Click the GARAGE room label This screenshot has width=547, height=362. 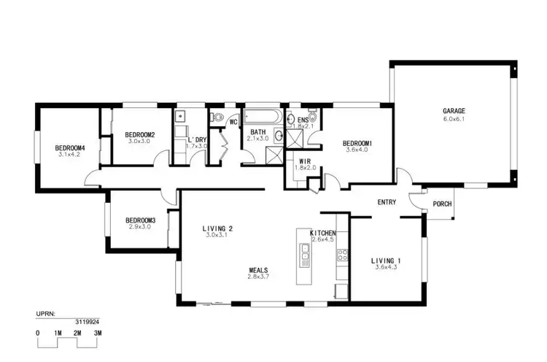pos(454,112)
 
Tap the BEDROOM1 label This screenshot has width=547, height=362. pos(359,143)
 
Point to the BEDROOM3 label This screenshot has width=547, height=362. pos(140,220)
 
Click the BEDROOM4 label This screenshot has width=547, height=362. pos(71,148)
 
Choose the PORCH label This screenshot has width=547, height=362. pos(442,204)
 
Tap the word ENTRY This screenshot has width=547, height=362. pos(387,202)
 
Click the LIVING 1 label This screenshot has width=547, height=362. pos(387,261)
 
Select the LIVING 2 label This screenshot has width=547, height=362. pos(217,228)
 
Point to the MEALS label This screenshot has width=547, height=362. pos(258,270)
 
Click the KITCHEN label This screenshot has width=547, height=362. pos(322,233)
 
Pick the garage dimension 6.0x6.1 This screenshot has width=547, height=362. pos(454,119)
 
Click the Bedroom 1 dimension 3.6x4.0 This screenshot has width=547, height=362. pos(359,150)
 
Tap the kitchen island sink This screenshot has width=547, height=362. pos(306,252)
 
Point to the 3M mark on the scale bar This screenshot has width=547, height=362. pos(97,333)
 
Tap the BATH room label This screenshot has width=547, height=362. pos(258,132)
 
